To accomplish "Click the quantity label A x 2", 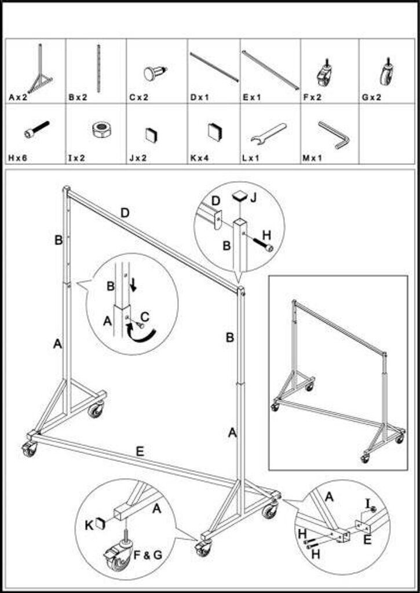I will click(18, 97).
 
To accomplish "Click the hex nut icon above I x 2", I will click(101, 130).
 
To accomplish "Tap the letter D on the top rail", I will click(125, 213).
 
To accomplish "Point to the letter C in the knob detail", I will click(145, 317).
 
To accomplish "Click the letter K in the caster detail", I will click(89, 525).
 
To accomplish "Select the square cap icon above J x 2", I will click(152, 135).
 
